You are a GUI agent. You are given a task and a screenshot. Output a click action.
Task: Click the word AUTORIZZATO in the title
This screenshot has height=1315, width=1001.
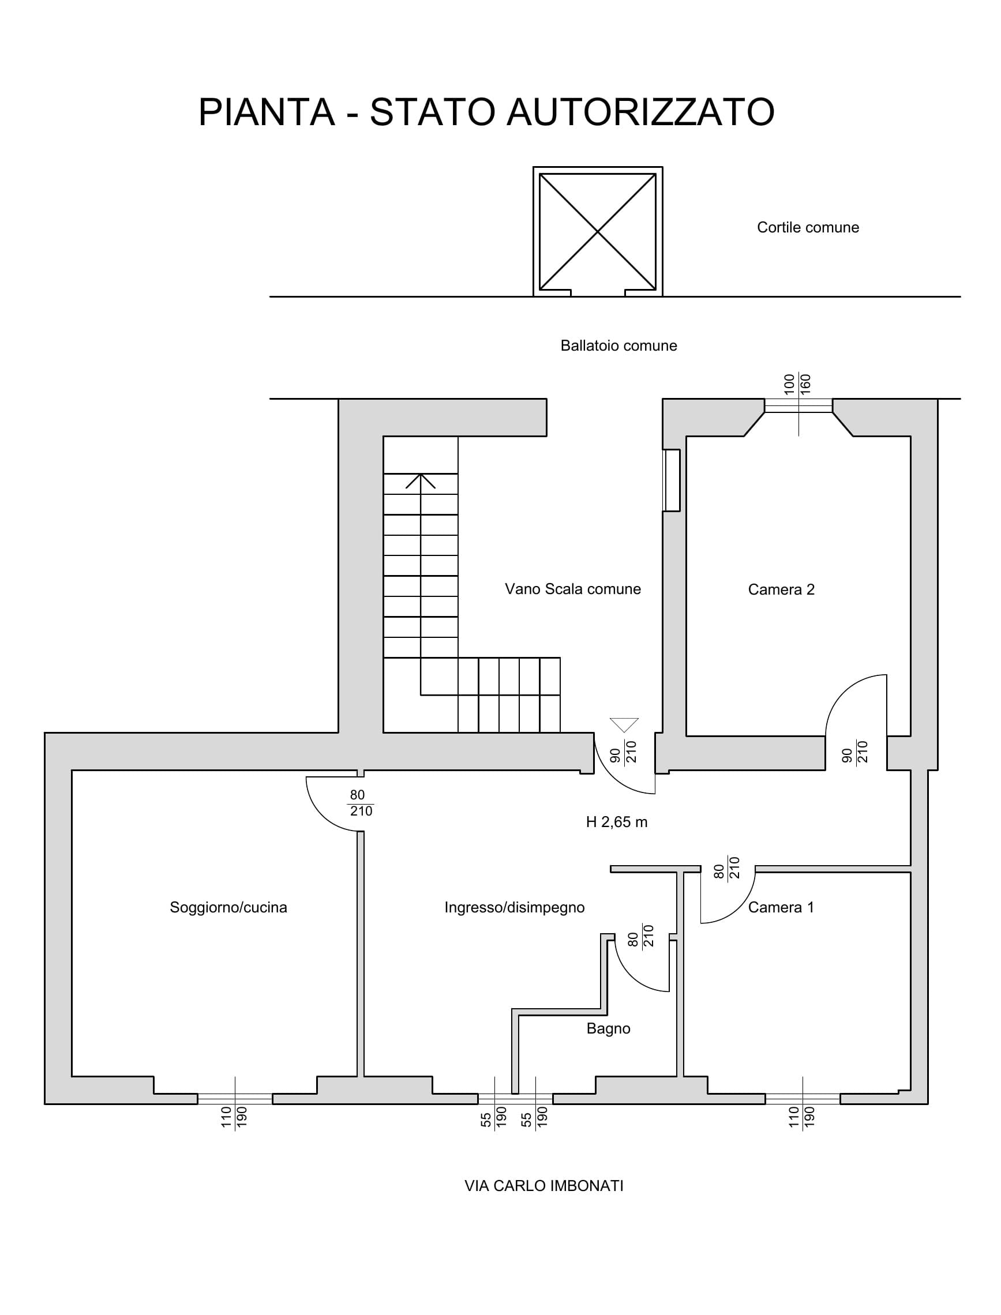click(x=640, y=112)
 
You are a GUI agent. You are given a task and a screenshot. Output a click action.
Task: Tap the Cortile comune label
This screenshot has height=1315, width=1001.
click(x=808, y=227)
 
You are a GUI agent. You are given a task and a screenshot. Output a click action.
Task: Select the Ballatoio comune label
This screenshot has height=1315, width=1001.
click(x=618, y=346)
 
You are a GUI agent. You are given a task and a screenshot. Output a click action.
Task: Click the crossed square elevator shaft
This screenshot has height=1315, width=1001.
click(x=598, y=232)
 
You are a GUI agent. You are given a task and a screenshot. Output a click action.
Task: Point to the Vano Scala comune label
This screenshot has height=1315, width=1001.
click(x=572, y=589)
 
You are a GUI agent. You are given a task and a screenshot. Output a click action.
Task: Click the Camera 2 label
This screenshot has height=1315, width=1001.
click(x=781, y=589)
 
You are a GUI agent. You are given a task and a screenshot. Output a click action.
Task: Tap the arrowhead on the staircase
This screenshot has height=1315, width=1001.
click(x=421, y=480)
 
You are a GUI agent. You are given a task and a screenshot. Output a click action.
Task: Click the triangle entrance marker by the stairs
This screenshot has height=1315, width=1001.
click(x=624, y=725)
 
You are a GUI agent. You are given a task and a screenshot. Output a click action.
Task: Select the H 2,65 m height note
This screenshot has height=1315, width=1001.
click(x=617, y=822)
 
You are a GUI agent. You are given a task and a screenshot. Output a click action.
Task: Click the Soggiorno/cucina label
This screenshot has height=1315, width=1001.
click(x=228, y=908)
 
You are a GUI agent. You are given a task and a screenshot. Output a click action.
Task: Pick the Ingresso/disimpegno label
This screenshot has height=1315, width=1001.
click(x=514, y=908)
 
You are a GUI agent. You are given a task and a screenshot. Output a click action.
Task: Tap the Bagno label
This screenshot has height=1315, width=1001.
click(x=608, y=1029)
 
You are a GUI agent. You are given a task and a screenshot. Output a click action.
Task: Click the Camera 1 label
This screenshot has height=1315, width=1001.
click(x=781, y=908)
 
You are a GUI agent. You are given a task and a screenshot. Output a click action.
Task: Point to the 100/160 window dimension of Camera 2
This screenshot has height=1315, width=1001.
click(x=798, y=385)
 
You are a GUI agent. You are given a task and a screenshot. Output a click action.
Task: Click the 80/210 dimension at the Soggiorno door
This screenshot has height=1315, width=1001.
click(x=360, y=803)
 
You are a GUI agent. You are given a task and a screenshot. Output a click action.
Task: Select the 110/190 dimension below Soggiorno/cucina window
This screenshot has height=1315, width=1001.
click(x=234, y=1117)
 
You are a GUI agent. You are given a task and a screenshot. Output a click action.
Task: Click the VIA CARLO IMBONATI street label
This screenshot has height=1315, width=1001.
click(x=544, y=1186)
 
